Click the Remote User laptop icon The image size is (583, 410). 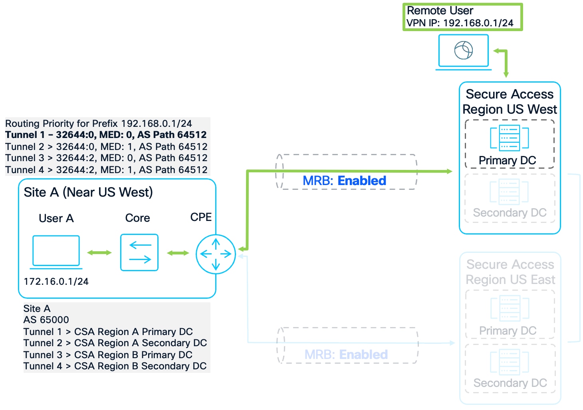click(x=463, y=51)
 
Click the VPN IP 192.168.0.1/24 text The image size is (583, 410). click(x=460, y=23)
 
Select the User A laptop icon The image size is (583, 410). click(x=56, y=251)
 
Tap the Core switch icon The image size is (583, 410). click(x=139, y=252)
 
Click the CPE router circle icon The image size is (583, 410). click(x=216, y=254)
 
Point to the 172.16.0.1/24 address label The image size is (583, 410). click(x=56, y=282)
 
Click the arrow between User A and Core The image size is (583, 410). click(x=99, y=252)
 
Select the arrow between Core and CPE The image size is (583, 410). click(x=178, y=253)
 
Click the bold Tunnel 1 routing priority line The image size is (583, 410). click(x=106, y=135)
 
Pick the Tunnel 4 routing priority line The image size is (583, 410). click(x=106, y=170)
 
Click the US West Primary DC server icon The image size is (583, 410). click(x=510, y=138)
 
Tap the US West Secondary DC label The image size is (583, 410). click(x=510, y=213)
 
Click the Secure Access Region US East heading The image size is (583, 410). click(x=510, y=272)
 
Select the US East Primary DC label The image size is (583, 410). click(x=508, y=331)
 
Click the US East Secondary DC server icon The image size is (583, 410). click(x=510, y=362)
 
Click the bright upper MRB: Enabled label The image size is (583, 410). click(x=344, y=181)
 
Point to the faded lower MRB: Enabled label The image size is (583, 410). click(x=346, y=355)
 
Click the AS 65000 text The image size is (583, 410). click(x=46, y=320)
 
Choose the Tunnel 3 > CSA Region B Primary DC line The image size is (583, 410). click(x=108, y=355)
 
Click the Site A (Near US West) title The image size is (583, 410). click(x=88, y=192)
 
